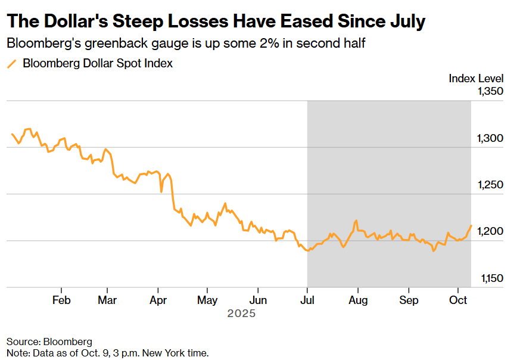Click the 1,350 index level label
click(490, 91)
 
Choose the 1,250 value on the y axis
click(490, 185)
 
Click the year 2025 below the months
click(241, 313)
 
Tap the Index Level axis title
click(476, 78)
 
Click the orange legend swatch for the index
click(12, 64)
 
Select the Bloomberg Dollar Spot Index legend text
click(98, 64)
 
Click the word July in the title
click(407, 22)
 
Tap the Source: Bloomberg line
click(49, 342)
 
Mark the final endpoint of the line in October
click(471, 225)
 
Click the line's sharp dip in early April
click(161, 191)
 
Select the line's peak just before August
click(356, 221)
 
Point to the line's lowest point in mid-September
click(434, 251)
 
